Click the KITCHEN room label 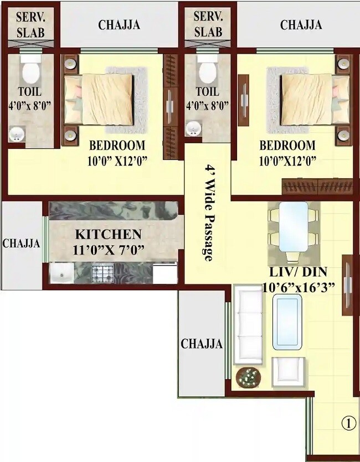(x=109, y=234)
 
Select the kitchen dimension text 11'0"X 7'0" (x=109, y=250)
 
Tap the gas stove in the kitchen (x=102, y=273)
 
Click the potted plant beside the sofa (x=248, y=377)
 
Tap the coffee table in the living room (x=287, y=324)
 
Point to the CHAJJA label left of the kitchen (x=21, y=243)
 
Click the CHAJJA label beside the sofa (x=202, y=344)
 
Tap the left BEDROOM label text (x=117, y=146)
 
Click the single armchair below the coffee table (x=288, y=372)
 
